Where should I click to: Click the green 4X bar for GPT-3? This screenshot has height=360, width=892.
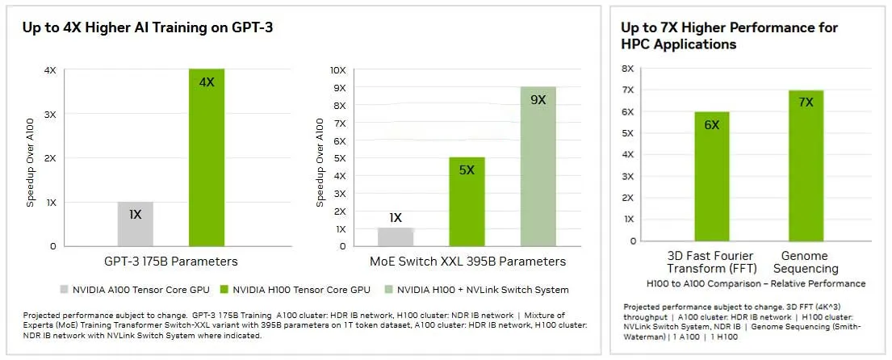(x=207, y=157)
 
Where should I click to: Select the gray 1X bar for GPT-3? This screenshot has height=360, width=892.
(x=136, y=224)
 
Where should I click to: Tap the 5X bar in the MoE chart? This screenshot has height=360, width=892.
(x=467, y=202)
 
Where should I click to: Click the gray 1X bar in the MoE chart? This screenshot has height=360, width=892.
(x=396, y=237)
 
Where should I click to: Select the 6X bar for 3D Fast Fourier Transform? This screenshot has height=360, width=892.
(x=711, y=176)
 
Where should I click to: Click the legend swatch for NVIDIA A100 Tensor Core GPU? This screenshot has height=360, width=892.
(x=64, y=289)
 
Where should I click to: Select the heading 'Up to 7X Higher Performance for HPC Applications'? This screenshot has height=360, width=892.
(x=729, y=36)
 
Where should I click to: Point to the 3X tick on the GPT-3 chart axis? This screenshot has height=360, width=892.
(x=50, y=114)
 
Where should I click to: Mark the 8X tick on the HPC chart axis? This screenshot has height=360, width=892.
(x=627, y=69)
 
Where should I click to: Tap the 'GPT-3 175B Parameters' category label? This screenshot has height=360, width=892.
(x=171, y=262)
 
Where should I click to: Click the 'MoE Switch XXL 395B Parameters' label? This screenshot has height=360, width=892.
(x=467, y=262)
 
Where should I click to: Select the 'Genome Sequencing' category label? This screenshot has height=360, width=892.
(x=806, y=262)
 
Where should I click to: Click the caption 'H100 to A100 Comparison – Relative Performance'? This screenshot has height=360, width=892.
(x=756, y=283)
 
